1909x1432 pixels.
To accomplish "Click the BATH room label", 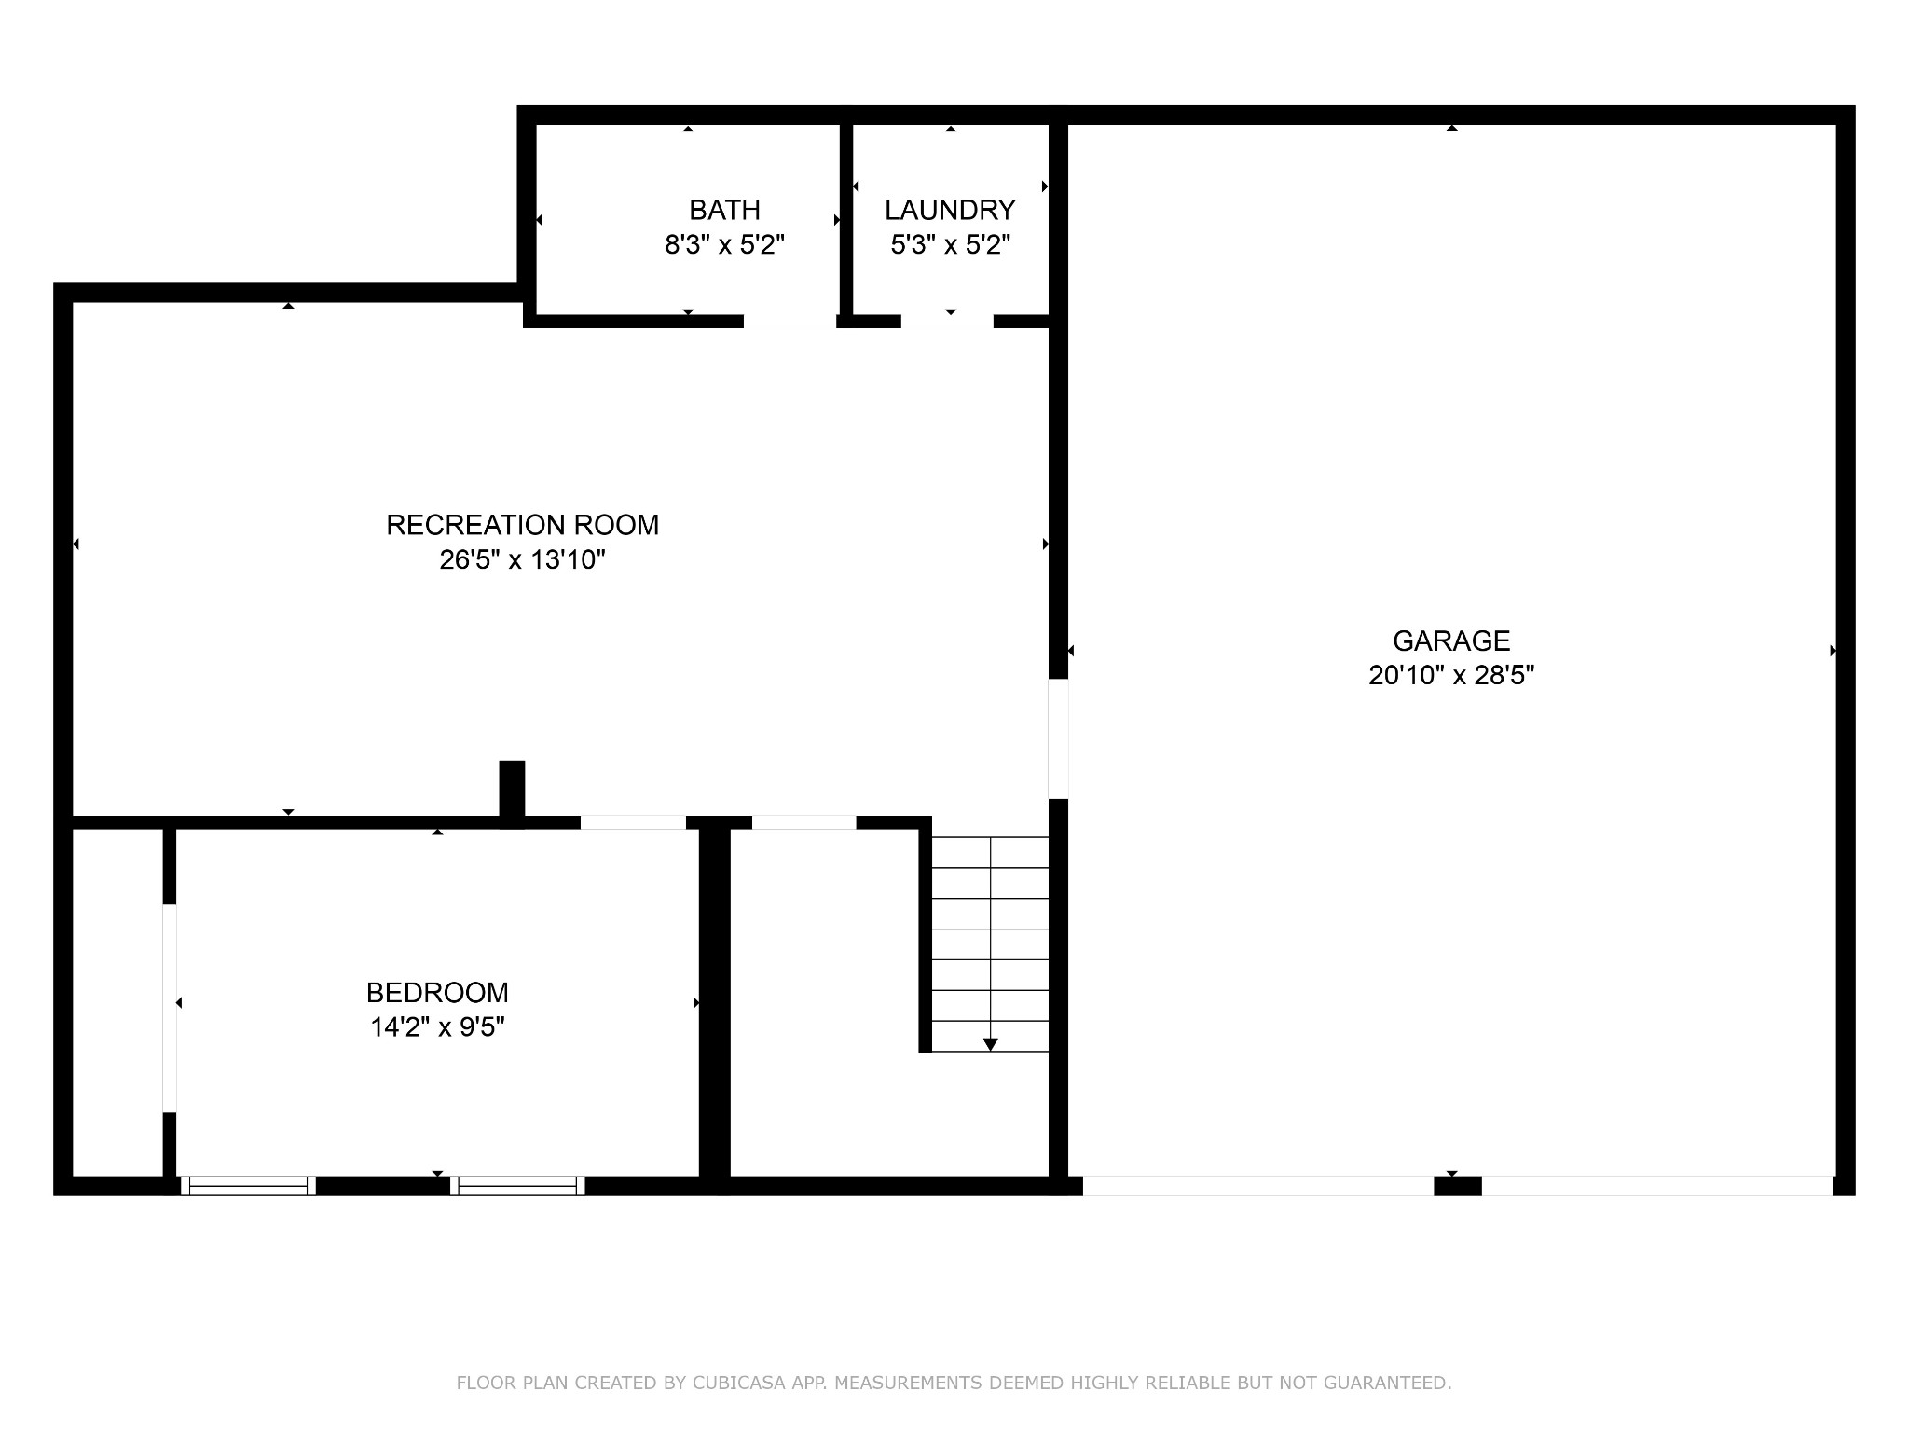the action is coord(724,210).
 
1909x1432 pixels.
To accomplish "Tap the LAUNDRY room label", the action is coord(950,210).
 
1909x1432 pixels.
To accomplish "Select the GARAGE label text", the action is coord(1451,640).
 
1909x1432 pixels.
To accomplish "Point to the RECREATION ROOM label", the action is coord(522,525).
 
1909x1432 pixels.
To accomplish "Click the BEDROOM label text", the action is coord(437,992).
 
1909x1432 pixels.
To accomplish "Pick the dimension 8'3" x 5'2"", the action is coord(724,245).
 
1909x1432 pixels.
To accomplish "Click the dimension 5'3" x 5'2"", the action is coord(950,245).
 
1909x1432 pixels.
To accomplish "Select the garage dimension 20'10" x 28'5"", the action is coord(1451,675).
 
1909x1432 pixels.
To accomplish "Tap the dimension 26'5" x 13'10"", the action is coord(522,559).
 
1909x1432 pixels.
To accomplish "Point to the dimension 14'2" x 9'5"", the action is coord(437,1027).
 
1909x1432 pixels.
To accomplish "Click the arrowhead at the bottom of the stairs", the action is coord(990,1044).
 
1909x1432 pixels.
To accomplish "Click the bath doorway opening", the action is coord(790,322).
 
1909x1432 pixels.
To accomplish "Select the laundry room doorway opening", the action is coord(947,322).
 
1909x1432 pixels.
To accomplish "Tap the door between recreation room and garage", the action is coord(1058,738).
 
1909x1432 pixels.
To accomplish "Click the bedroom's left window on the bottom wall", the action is coord(248,1186).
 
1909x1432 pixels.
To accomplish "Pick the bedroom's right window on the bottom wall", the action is coord(517,1186).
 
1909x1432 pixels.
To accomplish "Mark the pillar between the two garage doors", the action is coord(1457,1186).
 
